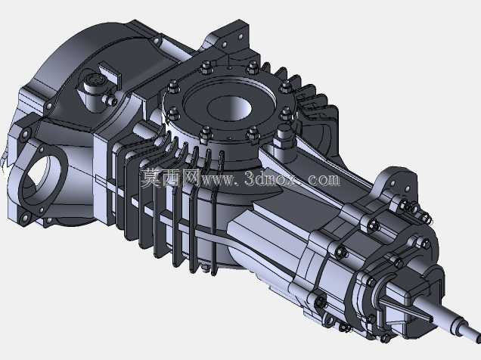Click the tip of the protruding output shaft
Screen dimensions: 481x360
(476, 338)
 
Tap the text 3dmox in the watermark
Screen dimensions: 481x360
(271, 178)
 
